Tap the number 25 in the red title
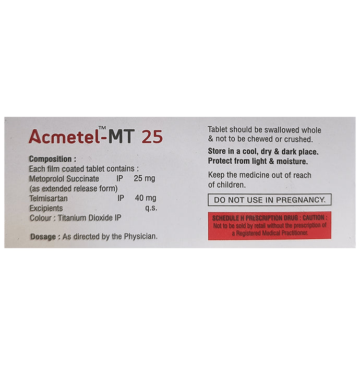[152, 137]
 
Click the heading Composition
[53, 159]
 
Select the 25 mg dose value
[145, 178]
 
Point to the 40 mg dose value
[145, 198]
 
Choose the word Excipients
[46, 208]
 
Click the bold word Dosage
[43, 237]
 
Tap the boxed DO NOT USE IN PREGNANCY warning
[269, 199]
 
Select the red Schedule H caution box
[269, 225]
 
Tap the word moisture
[305, 161]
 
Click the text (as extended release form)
[73, 188]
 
